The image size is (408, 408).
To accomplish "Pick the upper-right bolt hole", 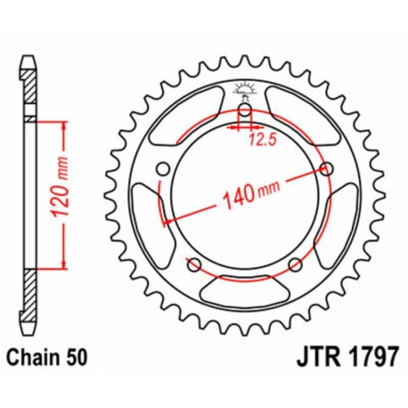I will tap(327, 169).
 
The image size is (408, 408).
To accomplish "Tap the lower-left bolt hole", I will tap(193, 263).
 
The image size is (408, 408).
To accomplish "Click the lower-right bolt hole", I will tap(295, 263).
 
